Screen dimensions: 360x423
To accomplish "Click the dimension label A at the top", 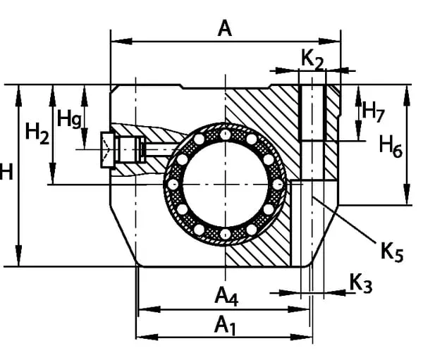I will click(225, 27).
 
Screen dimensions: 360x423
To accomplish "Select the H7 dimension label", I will click(373, 108).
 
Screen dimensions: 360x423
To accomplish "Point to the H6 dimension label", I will click(391, 147).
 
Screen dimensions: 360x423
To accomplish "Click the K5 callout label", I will click(392, 252).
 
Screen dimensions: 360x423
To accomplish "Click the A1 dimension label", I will click(224, 325).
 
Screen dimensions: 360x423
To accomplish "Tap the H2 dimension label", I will click(37, 132).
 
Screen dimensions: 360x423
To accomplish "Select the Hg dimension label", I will click(69, 118).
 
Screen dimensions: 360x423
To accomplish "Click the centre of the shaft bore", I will click(225, 184).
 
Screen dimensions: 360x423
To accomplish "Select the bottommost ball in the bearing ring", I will click(225, 234).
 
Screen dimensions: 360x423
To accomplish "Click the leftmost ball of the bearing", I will click(173, 184).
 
